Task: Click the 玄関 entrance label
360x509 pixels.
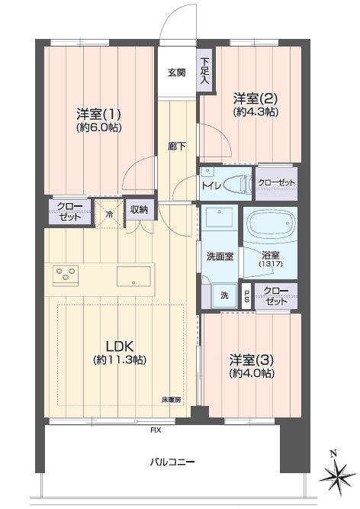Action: pos(177,72)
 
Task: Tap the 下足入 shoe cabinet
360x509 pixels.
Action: pos(204,71)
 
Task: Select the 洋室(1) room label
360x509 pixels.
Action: pos(99,114)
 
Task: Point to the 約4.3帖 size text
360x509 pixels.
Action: pos(256,112)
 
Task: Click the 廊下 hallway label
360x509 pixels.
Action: pos(177,147)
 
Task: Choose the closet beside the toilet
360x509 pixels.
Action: pos(276,183)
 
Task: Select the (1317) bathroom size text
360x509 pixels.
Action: pos(271,264)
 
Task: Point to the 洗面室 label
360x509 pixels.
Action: pos(220,256)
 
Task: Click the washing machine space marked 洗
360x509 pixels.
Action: pos(224,296)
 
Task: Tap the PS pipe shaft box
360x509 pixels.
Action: pos(246,296)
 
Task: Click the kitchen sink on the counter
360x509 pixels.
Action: pos(133,276)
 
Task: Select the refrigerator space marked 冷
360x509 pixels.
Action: pos(109,214)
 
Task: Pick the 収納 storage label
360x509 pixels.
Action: pos(139,210)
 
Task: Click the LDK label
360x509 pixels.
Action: pos(120,346)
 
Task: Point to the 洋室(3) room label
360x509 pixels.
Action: pos(252,360)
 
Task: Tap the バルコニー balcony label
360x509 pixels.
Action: pos(172,462)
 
